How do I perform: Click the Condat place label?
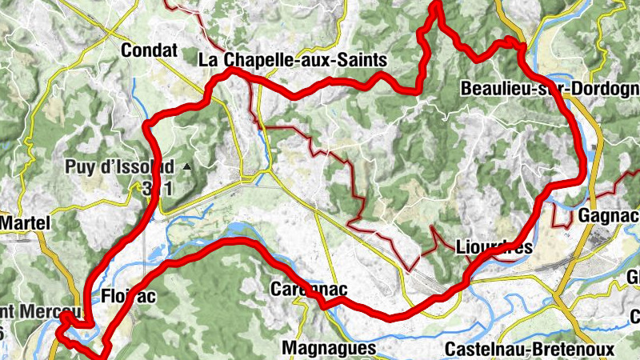click(149, 50)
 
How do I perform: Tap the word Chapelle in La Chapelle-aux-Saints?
click(258, 60)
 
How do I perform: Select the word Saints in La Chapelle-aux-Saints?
click(362, 60)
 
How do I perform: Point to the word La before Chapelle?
click(208, 60)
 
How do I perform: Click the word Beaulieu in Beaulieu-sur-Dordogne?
click(495, 89)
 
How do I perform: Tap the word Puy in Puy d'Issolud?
click(80, 168)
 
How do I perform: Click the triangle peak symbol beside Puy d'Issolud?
click(186, 167)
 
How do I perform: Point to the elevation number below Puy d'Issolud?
click(158, 189)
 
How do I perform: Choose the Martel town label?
click(24, 222)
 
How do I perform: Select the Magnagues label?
click(329, 348)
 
